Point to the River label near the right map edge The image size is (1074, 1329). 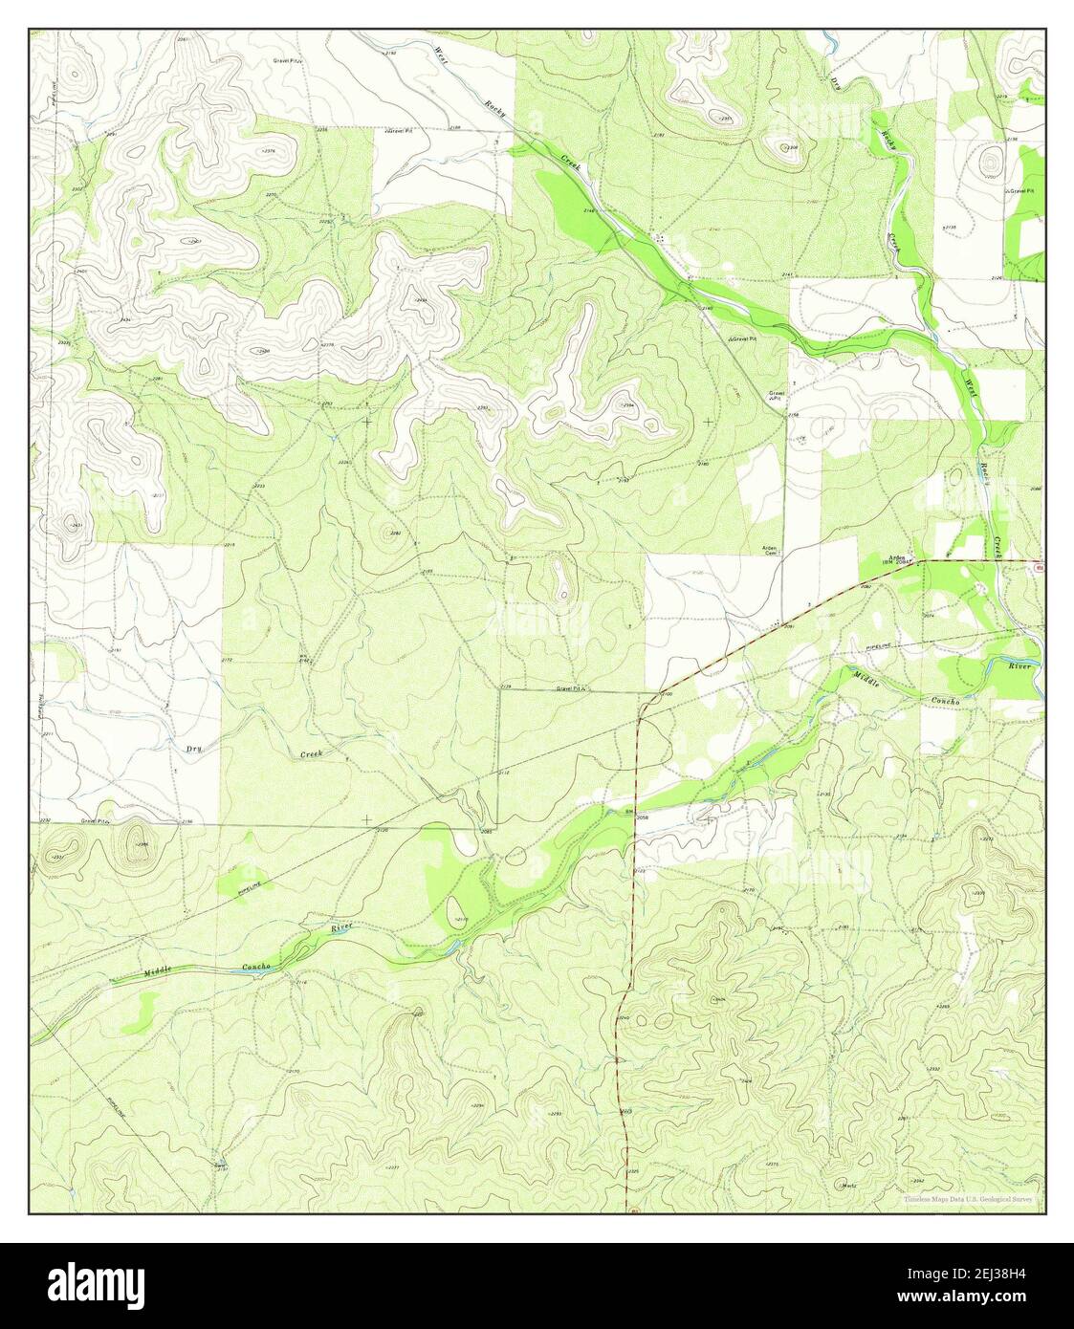point(1019,665)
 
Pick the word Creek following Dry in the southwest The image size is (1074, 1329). point(312,754)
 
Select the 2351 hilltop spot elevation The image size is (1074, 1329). point(725,119)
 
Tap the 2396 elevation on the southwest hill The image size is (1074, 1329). point(142,844)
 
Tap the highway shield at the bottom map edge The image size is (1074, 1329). point(633,1211)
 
